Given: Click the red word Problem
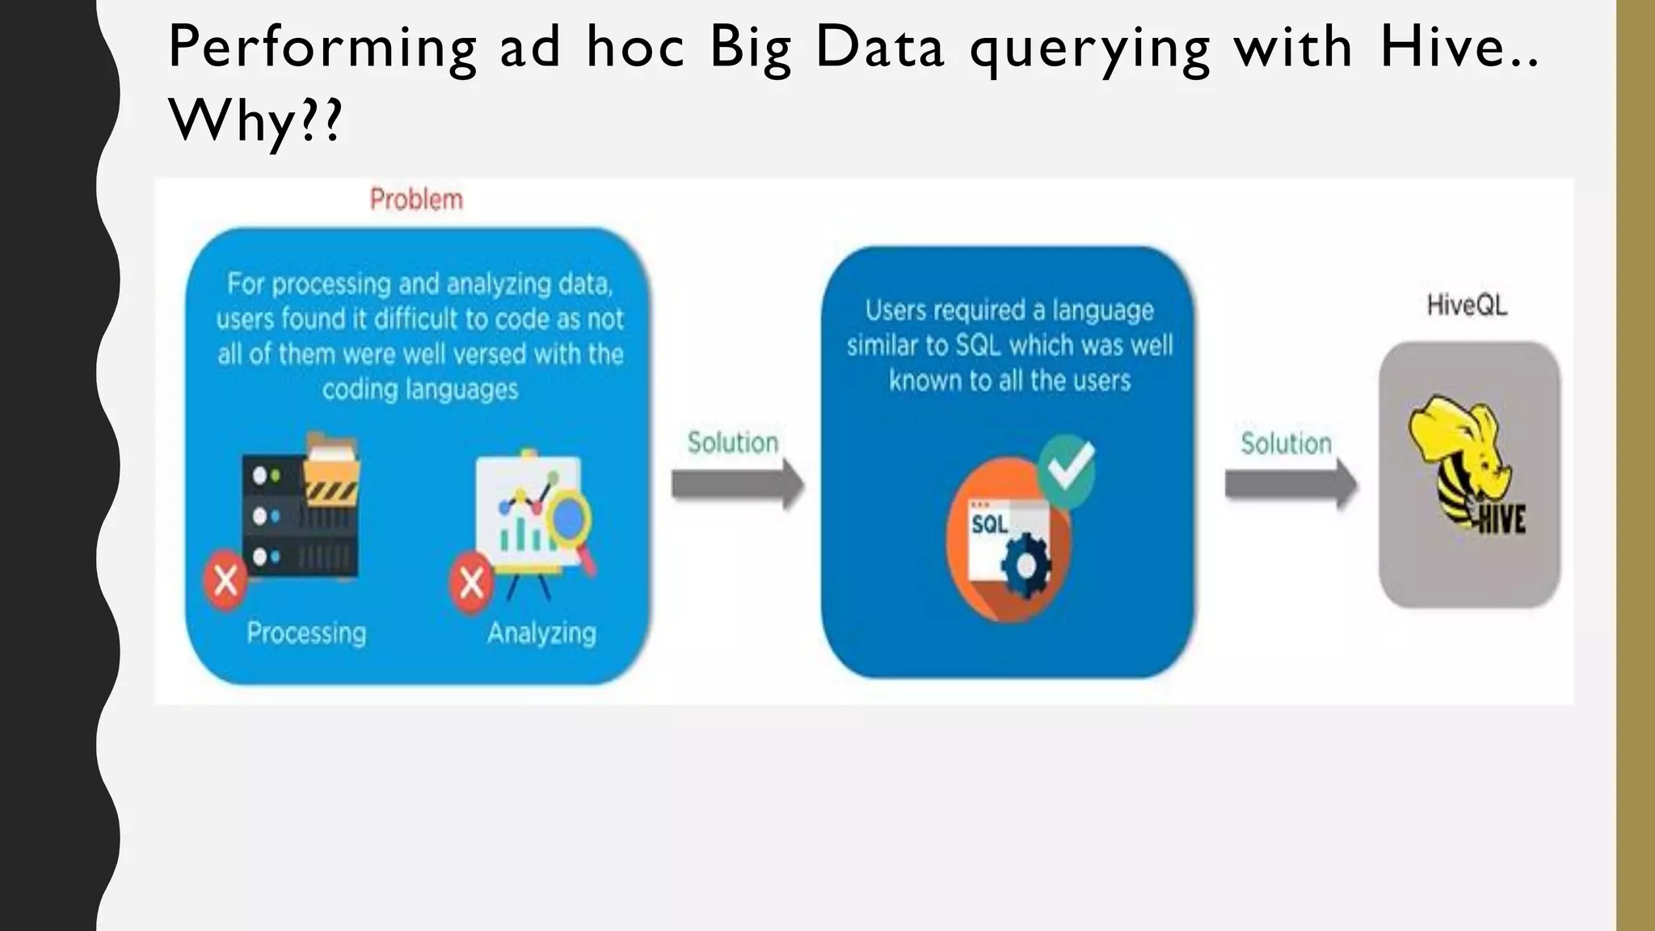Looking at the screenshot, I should (x=416, y=199).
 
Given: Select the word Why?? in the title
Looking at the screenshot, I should (x=255, y=121).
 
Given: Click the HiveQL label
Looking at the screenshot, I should (x=1467, y=305).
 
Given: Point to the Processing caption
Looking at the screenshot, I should (x=306, y=632).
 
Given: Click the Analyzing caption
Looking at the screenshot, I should (x=541, y=632).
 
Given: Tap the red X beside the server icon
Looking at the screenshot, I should (x=225, y=579).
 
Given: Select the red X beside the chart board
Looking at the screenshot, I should (x=472, y=581).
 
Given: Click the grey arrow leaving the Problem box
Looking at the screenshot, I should (x=738, y=484).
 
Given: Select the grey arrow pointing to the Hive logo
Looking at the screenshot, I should (x=1291, y=484).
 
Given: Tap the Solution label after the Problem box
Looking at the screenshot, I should (x=733, y=442).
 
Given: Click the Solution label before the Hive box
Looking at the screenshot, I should (x=1286, y=443).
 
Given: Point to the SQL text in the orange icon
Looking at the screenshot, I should (x=989, y=524).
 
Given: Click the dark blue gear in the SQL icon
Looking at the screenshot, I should (x=1025, y=565).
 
